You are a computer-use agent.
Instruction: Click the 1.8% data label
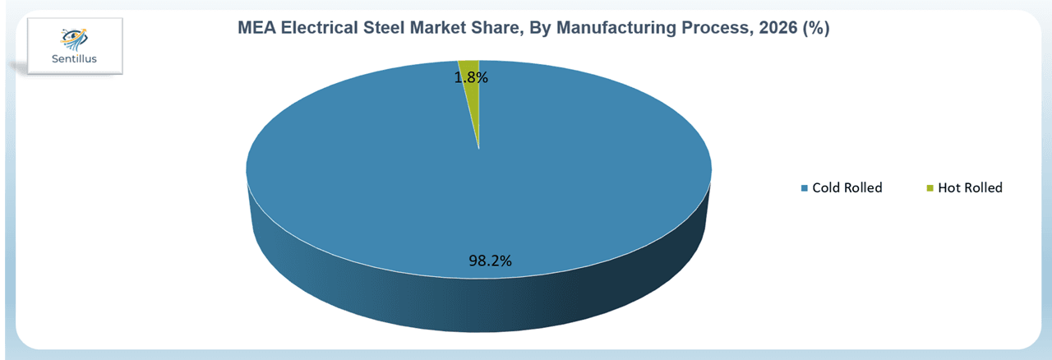471,77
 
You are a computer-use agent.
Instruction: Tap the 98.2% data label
490,261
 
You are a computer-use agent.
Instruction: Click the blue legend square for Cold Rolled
804,188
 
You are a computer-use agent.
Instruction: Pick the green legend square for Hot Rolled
930,188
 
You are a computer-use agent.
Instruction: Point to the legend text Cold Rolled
847,188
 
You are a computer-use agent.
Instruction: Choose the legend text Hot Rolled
971,188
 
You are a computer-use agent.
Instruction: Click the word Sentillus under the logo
74,58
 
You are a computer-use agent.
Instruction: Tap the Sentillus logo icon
74,39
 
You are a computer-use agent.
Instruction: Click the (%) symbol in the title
816,28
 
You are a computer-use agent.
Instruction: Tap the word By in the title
541,28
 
